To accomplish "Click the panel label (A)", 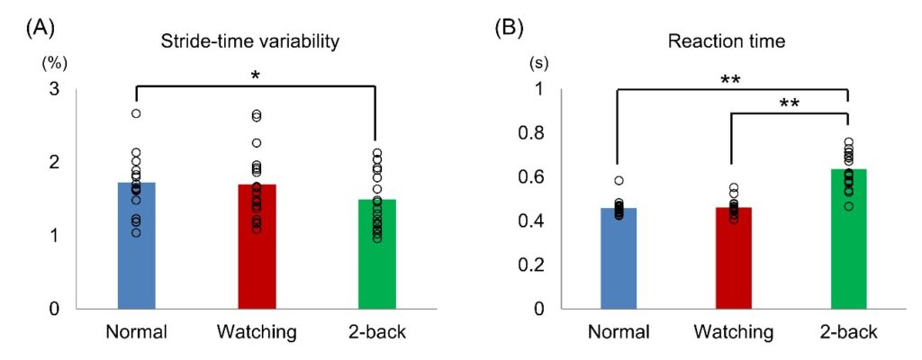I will [39, 26].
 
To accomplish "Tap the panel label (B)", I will [511, 26].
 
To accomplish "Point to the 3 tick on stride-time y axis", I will [57, 89].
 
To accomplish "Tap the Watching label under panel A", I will [257, 332].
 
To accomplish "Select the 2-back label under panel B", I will [847, 332].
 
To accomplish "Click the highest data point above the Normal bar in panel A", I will [136, 113].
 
